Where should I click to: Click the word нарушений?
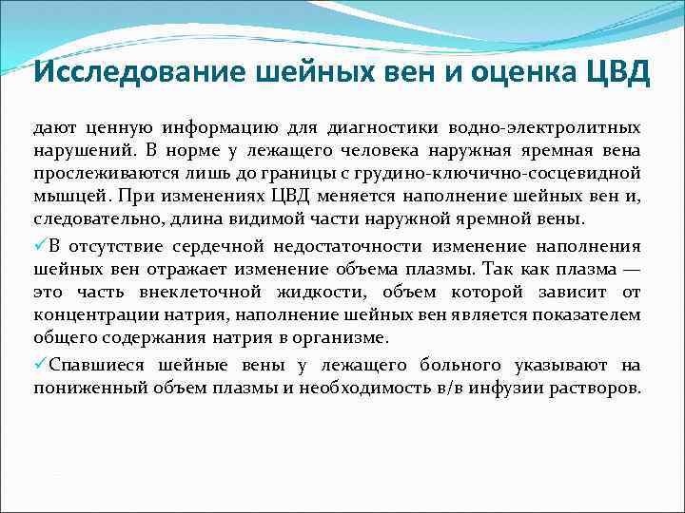click(83, 150)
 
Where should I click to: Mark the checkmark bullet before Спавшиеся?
click(40, 365)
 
